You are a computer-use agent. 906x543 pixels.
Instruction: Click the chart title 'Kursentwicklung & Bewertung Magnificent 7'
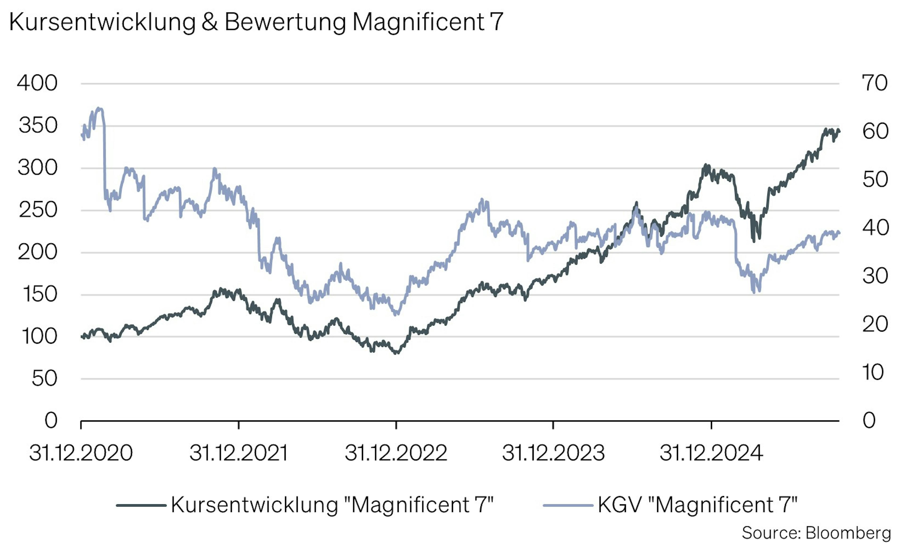tap(256, 22)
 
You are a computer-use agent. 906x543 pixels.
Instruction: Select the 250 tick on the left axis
tap(38, 210)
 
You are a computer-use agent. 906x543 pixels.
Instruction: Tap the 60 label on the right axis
tap(875, 131)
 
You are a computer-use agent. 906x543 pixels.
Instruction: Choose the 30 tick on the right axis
tap(875, 276)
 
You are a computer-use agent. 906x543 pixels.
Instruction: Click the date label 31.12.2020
tap(81, 453)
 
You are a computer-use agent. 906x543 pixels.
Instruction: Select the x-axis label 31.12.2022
tap(396, 453)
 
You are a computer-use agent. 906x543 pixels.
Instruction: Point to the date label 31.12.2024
tap(711, 453)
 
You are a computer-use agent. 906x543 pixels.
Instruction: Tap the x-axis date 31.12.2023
tap(553, 453)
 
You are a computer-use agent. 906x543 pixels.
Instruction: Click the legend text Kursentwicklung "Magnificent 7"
tap(332, 505)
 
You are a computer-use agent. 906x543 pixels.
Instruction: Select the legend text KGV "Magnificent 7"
tap(697, 505)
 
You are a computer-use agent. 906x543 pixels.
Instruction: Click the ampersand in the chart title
tap(210, 22)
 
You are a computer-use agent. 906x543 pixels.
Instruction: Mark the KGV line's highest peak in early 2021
tap(98, 108)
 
